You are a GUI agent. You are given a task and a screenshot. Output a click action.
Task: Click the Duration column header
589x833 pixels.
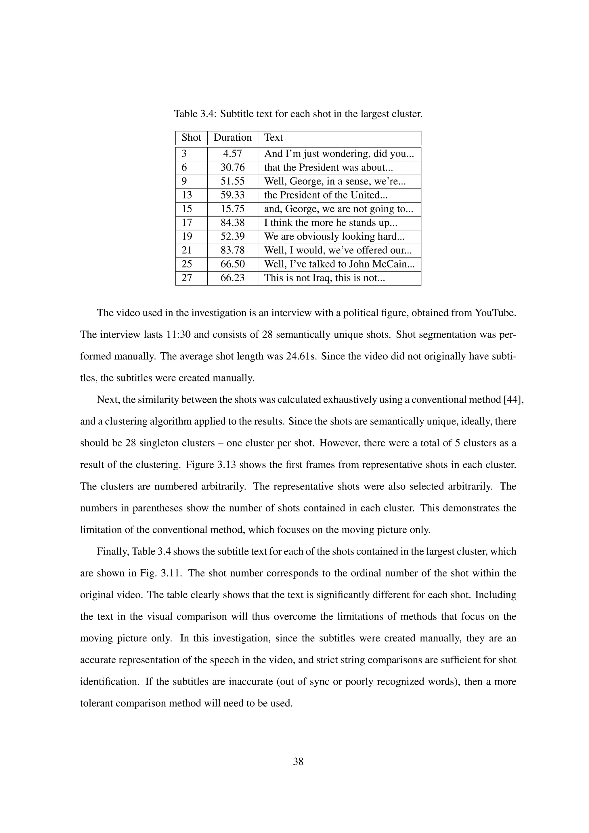(x=232, y=137)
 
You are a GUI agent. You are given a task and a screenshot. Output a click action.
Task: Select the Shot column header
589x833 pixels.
(x=191, y=137)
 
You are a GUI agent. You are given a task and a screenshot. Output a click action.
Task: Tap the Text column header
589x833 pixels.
(x=273, y=137)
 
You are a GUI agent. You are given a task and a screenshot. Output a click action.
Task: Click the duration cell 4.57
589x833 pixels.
(x=232, y=154)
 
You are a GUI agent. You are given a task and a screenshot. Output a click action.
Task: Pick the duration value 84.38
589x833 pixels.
(x=232, y=223)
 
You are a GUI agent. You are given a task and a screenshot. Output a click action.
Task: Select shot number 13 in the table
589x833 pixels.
(x=187, y=195)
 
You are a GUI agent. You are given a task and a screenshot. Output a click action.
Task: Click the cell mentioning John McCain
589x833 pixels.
(x=339, y=264)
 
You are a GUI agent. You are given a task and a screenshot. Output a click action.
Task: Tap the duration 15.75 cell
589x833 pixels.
(x=232, y=209)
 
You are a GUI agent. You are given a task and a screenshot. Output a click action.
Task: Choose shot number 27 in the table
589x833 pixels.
(x=187, y=278)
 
